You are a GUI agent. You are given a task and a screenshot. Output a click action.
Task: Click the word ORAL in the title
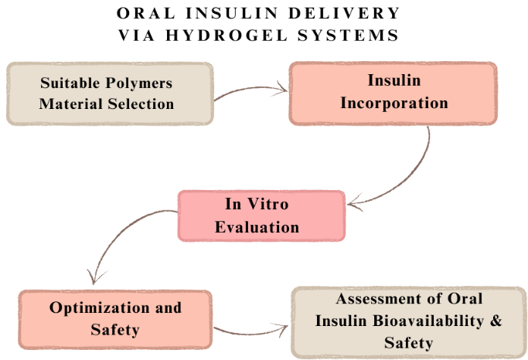(146, 13)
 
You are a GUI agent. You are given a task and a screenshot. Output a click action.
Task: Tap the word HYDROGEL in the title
(227, 36)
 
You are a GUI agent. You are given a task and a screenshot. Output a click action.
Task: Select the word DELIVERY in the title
(344, 13)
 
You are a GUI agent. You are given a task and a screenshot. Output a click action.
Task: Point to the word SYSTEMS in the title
(348, 36)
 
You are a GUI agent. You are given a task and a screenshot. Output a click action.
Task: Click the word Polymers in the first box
(138, 83)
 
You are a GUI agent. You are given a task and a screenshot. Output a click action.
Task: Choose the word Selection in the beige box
(141, 104)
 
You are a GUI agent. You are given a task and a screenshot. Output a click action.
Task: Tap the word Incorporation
(394, 104)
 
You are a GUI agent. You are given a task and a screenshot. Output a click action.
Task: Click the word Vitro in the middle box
(268, 204)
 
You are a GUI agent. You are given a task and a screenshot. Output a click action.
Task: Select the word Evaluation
(257, 227)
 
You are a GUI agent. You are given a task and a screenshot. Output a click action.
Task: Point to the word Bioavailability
(428, 321)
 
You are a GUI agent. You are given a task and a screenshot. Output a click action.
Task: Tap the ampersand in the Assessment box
(496, 321)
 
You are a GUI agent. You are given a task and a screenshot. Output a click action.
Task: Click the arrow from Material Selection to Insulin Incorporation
(250, 88)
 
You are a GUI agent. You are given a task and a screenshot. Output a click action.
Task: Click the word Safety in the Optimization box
(115, 330)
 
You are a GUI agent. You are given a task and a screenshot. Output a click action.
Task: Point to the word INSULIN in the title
(232, 13)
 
